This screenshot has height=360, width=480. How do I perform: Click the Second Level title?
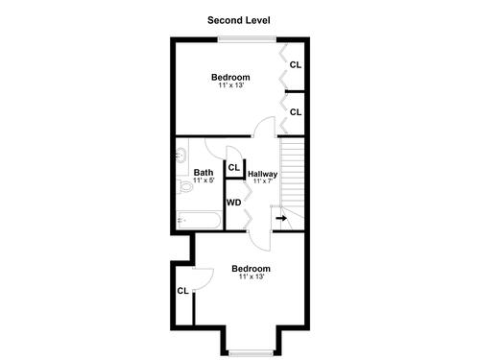point(239,20)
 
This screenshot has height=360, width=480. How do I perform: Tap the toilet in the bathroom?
point(184,186)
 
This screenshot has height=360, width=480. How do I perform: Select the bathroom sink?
point(181,156)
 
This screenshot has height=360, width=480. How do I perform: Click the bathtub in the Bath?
point(199,220)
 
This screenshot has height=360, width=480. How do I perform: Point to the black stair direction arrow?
point(281,219)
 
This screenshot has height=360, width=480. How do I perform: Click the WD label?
point(233,203)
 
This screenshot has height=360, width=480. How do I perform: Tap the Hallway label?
point(262,174)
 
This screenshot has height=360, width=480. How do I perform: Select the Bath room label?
point(204,173)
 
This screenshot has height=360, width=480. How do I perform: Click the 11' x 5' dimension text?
point(204,180)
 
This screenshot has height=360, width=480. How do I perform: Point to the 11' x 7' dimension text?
point(262,181)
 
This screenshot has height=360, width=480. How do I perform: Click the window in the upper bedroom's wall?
point(247,39)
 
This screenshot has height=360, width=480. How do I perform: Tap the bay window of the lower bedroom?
point(251,353)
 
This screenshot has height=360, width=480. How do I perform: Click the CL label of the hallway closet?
point(234,167)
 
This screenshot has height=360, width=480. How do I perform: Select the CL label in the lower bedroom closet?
point(183,291)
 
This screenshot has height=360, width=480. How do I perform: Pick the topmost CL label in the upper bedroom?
point(296,65)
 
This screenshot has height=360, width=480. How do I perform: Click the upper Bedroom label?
point(230,77)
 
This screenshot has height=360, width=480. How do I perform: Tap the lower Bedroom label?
point(251,269)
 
